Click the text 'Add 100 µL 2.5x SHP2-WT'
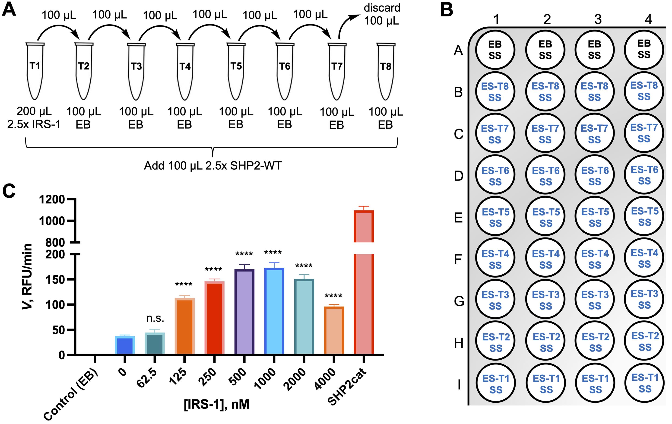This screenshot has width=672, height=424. coord(213,166)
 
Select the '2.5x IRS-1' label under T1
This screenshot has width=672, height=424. coord(34,124)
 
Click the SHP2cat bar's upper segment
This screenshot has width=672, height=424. coord(364,226)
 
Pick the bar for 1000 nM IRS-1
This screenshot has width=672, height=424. coord(274,311)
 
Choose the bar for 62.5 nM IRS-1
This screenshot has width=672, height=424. coord(155,343)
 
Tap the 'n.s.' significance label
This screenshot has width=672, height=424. coord(155,318)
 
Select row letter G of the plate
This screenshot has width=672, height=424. coord(459,301)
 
